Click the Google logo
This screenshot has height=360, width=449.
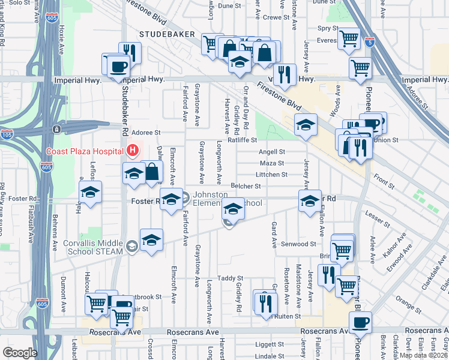(x=20, y=353)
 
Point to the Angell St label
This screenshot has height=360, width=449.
(x=272, y=152)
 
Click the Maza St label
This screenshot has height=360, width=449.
(x=272, y=163)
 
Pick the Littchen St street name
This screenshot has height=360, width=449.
(x=272, y=175)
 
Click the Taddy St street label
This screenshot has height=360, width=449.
(x=230, y=278)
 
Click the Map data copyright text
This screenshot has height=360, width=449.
(x=424, y=355)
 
